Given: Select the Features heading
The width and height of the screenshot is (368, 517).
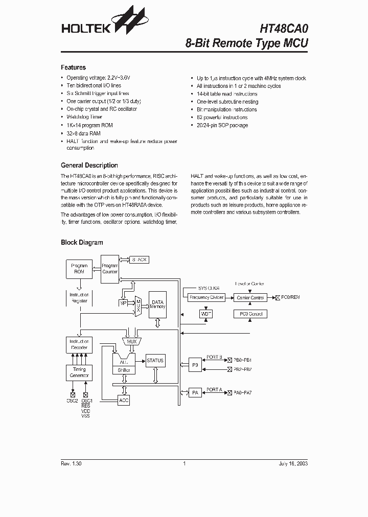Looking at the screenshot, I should [73, 67].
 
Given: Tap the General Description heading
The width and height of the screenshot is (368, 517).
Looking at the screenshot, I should [89, 166].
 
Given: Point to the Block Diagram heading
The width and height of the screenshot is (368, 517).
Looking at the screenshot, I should [82, 243].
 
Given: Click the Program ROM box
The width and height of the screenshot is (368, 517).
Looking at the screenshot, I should [79, 269].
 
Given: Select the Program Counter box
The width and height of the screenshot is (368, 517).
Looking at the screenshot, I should [109, 269].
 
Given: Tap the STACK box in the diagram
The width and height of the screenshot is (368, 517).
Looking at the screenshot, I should [139, 260].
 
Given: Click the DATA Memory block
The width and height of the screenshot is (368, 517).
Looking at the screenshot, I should [157, 305].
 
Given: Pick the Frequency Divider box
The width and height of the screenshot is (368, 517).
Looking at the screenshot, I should [206, 297].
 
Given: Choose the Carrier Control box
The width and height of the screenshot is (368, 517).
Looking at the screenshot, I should [250, 297].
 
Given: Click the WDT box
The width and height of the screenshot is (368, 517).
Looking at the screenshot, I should [205, 313].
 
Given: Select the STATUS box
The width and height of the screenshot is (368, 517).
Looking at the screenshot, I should [155, 361].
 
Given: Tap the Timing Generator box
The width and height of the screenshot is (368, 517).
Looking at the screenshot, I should [79, 372].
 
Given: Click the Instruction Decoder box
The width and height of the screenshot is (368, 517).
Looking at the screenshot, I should [79, 345].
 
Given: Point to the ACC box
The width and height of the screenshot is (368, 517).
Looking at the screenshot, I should [124, 401].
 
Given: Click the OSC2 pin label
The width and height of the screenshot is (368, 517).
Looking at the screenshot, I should [72, 401].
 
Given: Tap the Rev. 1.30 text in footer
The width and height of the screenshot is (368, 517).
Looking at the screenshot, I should [71, 463].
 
